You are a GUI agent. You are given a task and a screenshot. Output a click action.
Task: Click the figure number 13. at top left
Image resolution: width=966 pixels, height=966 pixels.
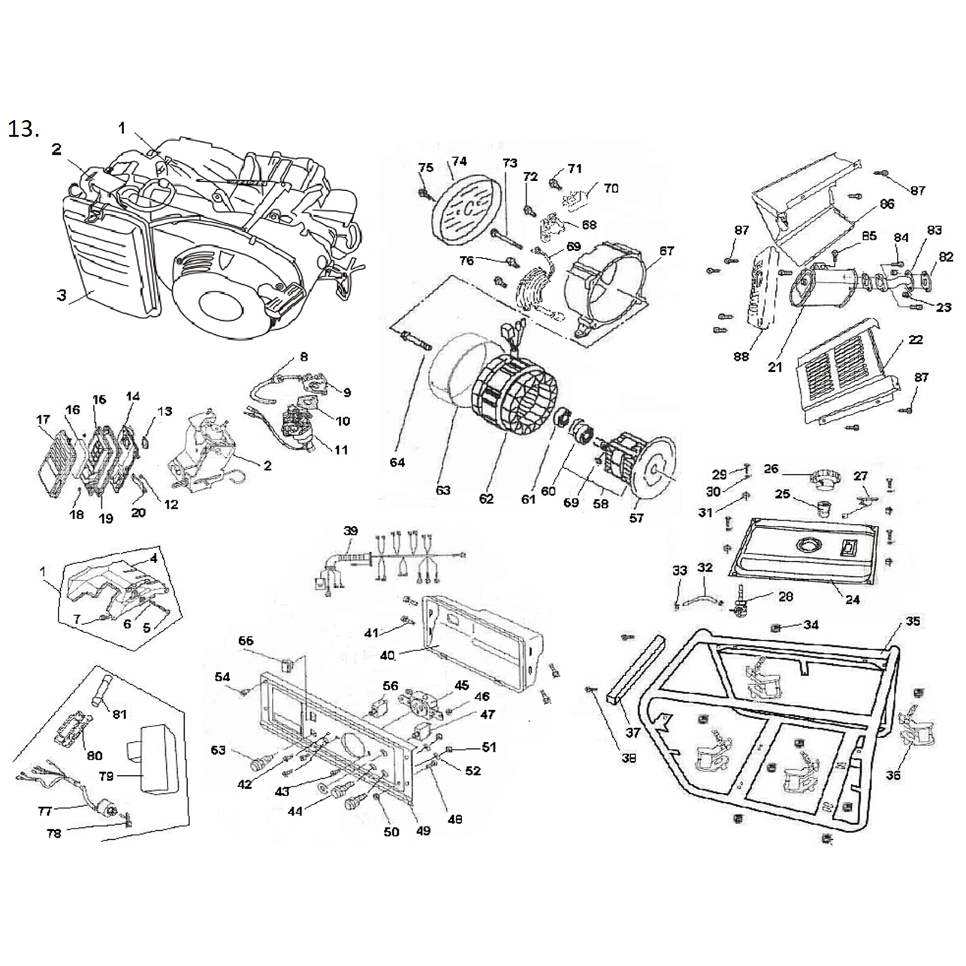point(23,129)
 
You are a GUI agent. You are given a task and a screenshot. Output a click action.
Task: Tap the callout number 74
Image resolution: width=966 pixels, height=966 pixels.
point(458,162)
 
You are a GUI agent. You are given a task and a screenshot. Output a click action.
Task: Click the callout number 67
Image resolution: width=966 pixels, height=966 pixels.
point(666,251)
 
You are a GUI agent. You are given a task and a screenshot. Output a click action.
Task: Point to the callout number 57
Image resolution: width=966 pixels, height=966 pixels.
point(636,518)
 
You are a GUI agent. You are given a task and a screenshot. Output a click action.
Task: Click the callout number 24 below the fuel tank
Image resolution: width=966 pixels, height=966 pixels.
point(853,599)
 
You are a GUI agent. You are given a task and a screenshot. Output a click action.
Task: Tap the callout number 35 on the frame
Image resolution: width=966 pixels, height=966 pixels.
point(913,622)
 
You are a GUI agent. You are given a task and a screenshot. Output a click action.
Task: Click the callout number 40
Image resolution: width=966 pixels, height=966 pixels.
point(387,655)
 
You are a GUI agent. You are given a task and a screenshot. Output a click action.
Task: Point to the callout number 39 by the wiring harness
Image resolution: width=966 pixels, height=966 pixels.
point(351,530)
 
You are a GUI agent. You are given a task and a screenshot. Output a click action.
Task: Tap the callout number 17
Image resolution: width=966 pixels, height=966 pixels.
point(43,419)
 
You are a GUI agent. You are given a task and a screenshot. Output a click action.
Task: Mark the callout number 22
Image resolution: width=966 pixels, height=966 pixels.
point(916,340)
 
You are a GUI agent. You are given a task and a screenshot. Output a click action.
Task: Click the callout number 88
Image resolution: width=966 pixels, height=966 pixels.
point(741,357)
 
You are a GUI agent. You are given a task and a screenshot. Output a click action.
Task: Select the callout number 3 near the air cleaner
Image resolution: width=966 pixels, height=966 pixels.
point(62,295)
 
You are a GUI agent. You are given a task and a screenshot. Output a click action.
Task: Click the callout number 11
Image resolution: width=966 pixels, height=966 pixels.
point(341,450)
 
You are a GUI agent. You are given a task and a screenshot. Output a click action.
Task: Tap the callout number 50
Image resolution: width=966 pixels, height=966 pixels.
point(391,832)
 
